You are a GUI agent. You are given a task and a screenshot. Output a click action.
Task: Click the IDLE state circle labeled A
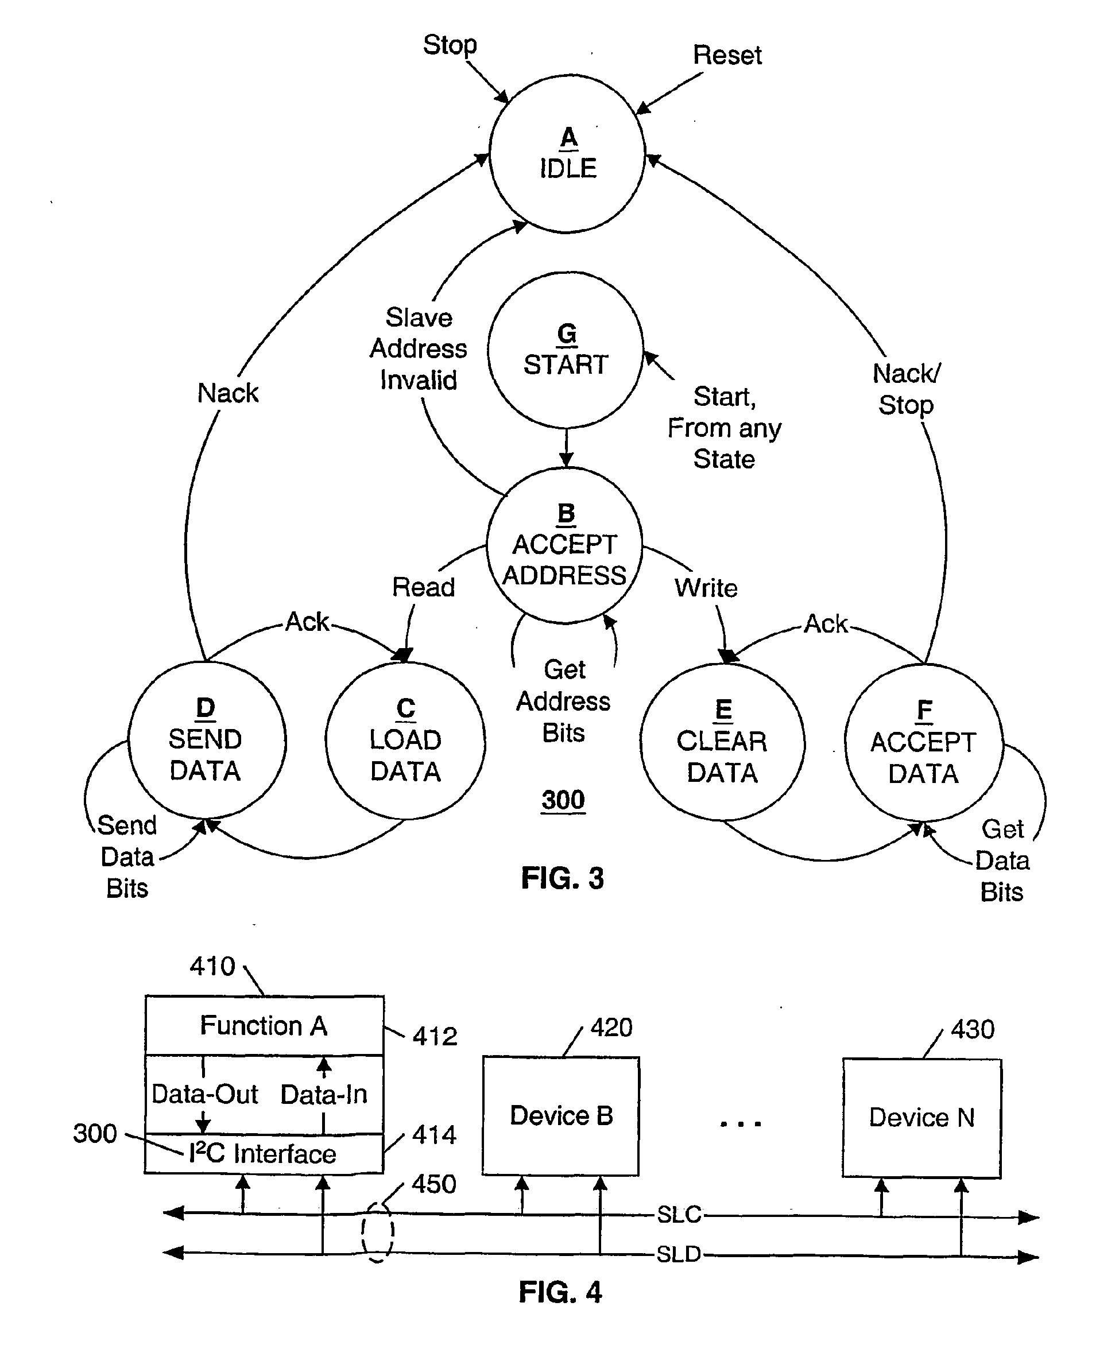click(x=567, y=153)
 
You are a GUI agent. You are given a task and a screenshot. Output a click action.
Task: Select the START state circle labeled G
click(x=566, y=350)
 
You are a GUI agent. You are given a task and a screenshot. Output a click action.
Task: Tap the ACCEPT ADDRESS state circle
click(x=564, y=545)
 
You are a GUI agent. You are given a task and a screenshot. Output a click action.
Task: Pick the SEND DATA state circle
click(x=207, y=740)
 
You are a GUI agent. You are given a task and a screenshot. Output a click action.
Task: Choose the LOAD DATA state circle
click(x=405, y=741)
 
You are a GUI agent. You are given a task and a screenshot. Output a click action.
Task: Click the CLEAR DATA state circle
click(x=722, y=742)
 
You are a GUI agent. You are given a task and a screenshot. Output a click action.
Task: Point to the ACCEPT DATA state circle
click(x=924, y=743)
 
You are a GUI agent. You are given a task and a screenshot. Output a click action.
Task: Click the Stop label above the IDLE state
click(x=450, y=45)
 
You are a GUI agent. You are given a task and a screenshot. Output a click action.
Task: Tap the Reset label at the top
click(x=727, y=55)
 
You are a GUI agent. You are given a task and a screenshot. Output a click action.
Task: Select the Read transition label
click(x=423, y=587)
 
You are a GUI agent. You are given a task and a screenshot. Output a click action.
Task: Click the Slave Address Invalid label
click(x=418, y=349)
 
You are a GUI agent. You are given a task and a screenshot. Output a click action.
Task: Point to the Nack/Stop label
click(x=907, y=389)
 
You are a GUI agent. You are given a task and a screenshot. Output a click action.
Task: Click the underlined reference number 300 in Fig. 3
click(x=563, y=800)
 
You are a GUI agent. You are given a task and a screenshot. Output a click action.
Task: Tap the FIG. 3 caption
click(x=562, y=878)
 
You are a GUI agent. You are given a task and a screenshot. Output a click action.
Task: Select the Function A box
click(x=264, y=1026)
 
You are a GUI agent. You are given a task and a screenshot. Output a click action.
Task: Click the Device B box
click(x=561, y=1116)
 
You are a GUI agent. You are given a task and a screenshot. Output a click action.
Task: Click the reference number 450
click(x=434, y=1184)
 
